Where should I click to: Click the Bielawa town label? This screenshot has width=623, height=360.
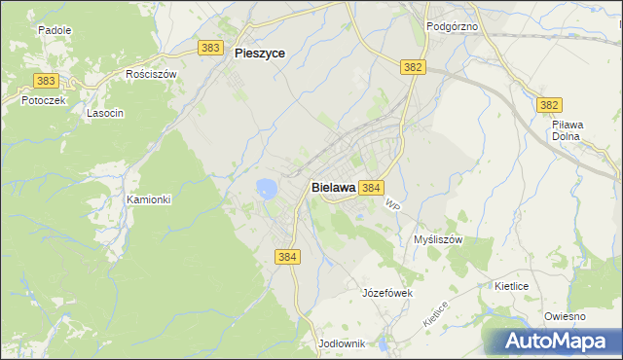[x=333, y=187]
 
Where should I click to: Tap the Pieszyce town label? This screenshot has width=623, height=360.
[x=260, y=54]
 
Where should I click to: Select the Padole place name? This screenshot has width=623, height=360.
[x=55, y=30]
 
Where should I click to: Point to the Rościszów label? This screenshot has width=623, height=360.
[x=151, y=74]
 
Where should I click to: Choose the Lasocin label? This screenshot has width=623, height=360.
[x=105, y=113]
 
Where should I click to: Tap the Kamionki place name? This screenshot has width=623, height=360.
[x=148, y=199]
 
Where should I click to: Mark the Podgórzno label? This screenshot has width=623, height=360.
[x=453, y=26]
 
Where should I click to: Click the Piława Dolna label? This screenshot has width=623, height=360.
[x=567, y=130]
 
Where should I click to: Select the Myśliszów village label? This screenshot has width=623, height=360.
[x=437, y=239]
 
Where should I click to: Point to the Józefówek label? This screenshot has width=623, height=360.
[x=388, y=293]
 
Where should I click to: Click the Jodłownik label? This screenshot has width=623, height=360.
[x=341, y=343]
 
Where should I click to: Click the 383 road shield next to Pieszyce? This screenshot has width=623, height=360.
[x=209, y=48]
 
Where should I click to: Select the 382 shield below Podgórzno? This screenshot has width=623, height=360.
[x=413, y=66]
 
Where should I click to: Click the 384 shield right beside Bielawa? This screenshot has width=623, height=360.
[x=370, y=187]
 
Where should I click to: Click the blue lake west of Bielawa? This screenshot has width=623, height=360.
[x=265, y=187]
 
